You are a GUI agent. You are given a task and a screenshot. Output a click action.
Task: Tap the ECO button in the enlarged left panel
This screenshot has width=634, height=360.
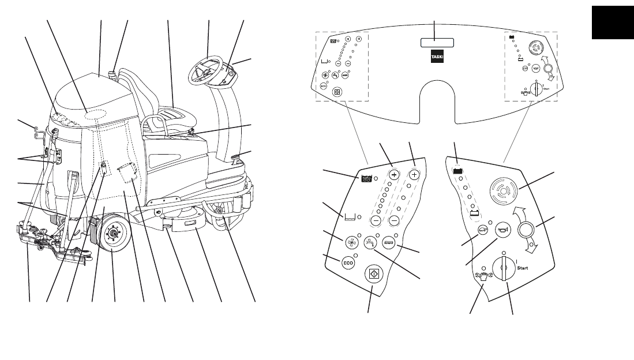(x=348, y=262)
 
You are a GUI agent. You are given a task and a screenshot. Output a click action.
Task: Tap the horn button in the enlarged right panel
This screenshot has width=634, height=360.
(x=502, y=228)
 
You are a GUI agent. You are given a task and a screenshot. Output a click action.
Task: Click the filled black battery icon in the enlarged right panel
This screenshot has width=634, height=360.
(x=458, y=170)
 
